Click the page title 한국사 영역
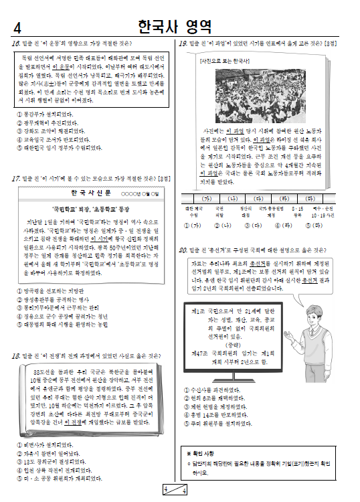point(175,27)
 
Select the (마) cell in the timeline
point(310,199)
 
